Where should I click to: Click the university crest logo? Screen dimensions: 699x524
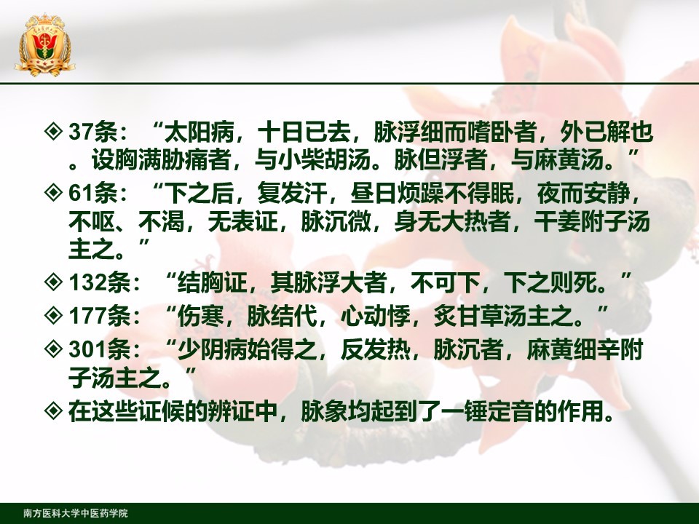(x=44, y=44)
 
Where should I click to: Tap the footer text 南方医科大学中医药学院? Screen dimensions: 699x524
(x=76, y=513)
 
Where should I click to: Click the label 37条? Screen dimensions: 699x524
(x=92, y=132)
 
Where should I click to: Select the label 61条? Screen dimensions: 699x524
(x=92, y=194)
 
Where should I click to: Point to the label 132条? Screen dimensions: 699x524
(x=100, y=282)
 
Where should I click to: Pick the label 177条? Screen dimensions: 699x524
(x=100, y=316)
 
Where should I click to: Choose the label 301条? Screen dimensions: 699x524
(x=100, y=349)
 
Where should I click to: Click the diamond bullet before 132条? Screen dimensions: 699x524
(x=53, y=282)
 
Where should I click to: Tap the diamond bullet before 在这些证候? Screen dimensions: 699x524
(x=53, y=410)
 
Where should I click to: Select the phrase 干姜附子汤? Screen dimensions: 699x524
(x=592, y=221)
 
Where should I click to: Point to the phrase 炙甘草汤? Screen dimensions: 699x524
(x=480, y=316)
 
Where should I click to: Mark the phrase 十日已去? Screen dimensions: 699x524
(x=306, y=132)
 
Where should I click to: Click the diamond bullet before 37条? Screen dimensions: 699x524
(x=53, y=132)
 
